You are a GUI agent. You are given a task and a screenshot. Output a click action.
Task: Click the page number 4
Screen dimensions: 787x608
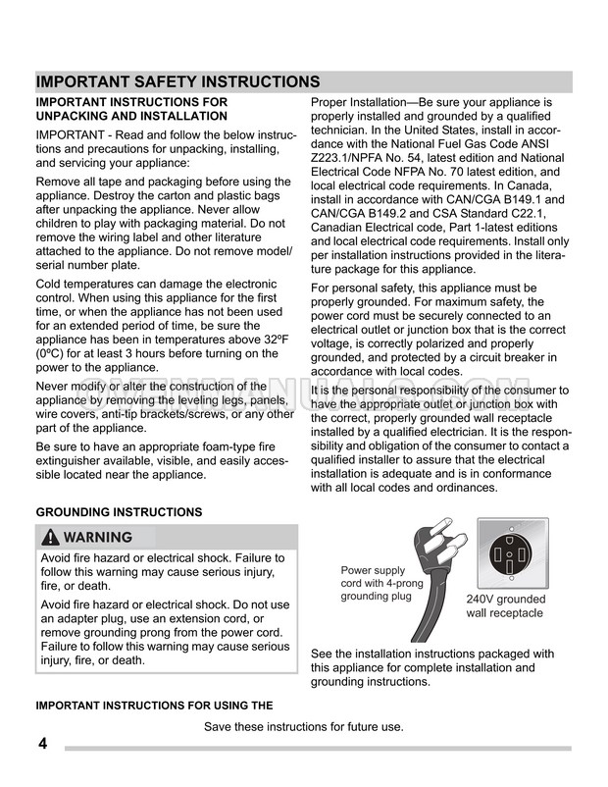point(42,743)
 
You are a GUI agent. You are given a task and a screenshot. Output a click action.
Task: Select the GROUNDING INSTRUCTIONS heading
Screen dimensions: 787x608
point(119,512)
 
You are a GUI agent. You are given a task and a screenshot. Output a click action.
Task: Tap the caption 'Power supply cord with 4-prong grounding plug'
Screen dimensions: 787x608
point(383,583)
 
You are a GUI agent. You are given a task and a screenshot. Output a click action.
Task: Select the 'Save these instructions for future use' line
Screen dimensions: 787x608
point(304,727)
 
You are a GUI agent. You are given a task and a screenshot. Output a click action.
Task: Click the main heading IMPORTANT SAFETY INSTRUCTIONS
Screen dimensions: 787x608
point(177,81)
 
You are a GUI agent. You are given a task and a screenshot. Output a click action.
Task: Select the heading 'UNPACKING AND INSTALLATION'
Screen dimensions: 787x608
point(131,116)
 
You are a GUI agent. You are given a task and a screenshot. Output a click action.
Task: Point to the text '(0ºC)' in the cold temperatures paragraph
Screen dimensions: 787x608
point(55,353)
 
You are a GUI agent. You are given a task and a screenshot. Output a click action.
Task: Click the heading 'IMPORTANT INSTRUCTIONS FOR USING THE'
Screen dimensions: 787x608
point(154,706)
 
